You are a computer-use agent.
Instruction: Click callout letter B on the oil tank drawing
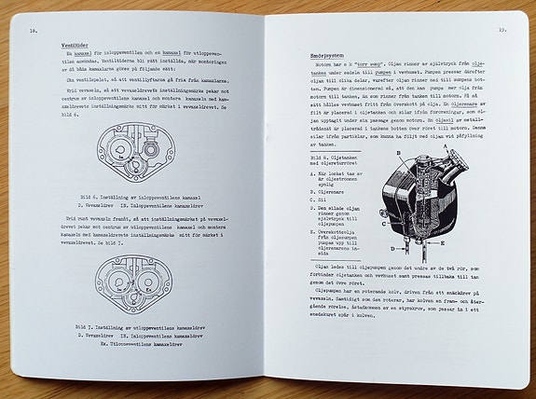pyautogui.click(x=399, y=150)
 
